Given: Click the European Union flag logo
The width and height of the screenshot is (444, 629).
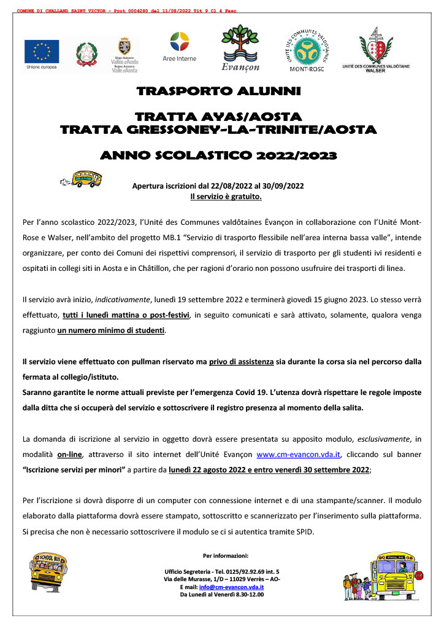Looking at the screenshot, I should click(x=42, y=51).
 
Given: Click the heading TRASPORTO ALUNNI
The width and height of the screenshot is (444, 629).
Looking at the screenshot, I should click(x=218, y=92).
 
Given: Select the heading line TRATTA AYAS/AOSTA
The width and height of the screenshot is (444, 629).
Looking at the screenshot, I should click(x=218, y=117).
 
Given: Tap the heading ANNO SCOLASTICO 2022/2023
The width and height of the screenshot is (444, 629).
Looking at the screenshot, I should click(x=218, y=155).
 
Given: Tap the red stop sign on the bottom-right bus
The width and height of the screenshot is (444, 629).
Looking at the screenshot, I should click(x=419, y=576).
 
